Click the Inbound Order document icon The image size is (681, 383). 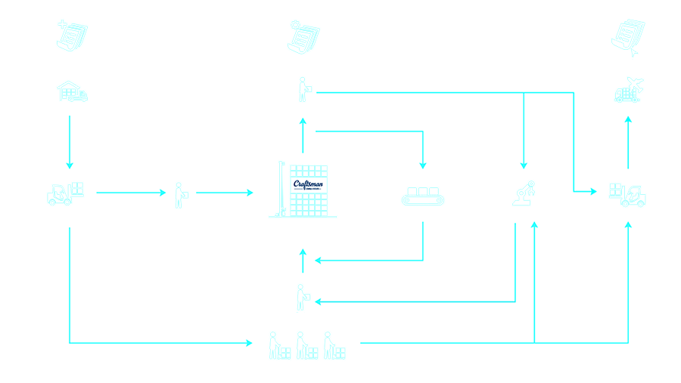(73, 35)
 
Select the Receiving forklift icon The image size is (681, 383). (66, 193)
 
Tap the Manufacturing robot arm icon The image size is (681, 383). (523, 193)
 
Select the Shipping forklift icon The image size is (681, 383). (628, 193)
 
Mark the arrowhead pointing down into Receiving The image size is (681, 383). (70, 164)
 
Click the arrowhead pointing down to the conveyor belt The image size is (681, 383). (423, 163)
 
